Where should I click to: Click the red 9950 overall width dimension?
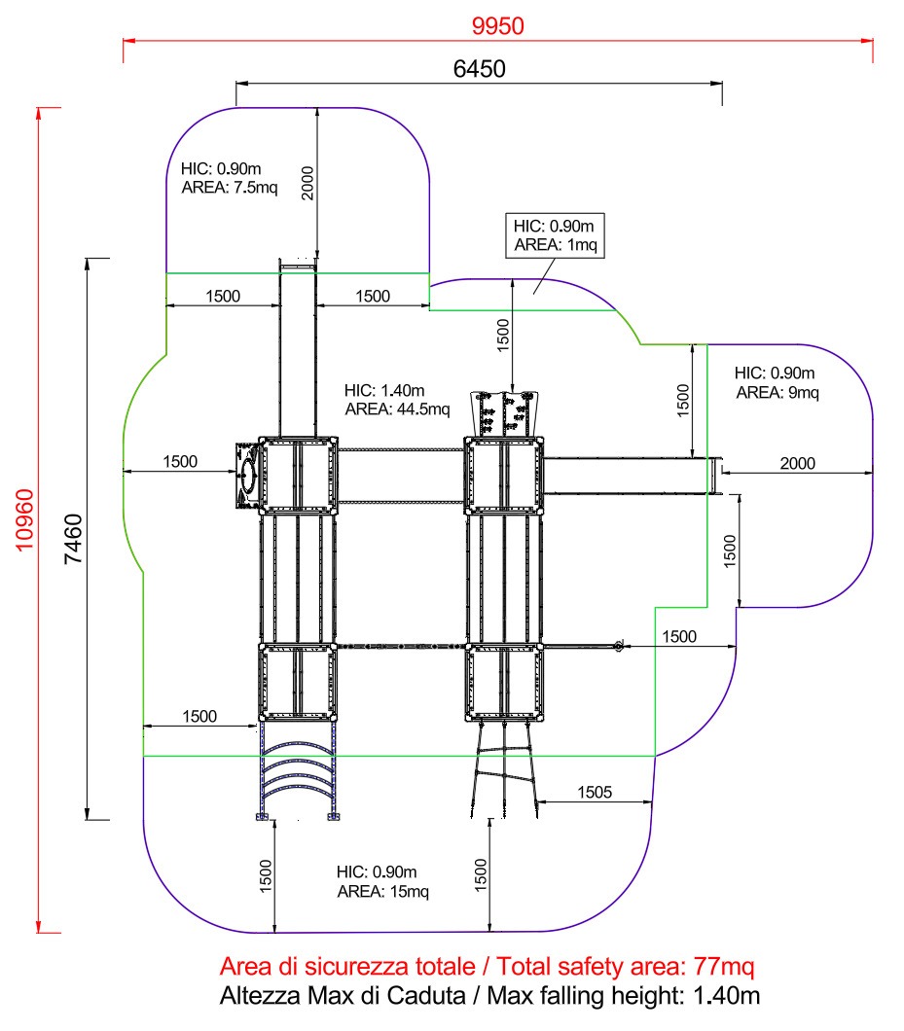point(497,25)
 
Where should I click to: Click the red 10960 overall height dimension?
point(24,519)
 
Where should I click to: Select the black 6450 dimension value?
point(479,68)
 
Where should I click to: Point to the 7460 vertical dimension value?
point(73,539)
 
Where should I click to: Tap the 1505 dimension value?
point(595,792)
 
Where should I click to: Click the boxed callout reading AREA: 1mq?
point(556,244)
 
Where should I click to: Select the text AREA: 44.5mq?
point(397,409)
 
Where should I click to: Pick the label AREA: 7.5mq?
point(230,188)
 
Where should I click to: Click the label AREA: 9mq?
point(777,393)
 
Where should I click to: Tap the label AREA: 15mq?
point(383,891)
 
